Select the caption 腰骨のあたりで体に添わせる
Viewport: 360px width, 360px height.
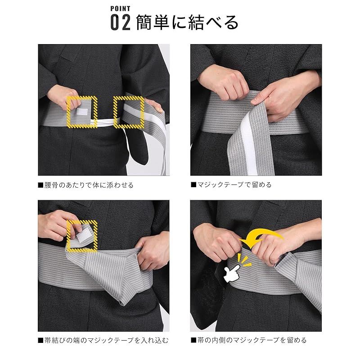89,185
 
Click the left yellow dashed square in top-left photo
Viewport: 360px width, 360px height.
81,110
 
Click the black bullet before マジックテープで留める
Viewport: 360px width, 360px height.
193,185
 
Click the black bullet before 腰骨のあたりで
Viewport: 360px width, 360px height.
40,185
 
